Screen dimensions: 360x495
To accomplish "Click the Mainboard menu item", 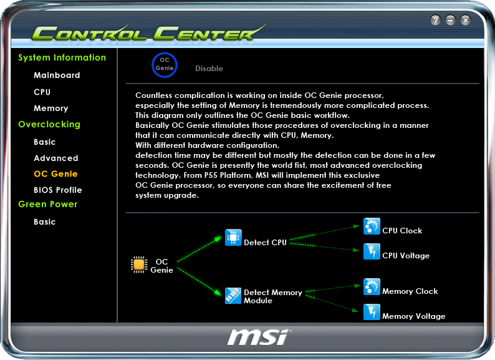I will tap(57, 75).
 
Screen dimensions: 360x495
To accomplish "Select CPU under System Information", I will tap(42, 92).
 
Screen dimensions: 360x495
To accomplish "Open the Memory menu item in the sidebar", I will tap(51, 108).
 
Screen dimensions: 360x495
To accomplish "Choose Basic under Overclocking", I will tap(45, 142).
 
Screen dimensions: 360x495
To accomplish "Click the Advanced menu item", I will tap(56, 158).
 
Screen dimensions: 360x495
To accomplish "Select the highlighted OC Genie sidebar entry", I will tap(55, 173).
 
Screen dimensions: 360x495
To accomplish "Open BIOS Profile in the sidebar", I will tap(58, 190).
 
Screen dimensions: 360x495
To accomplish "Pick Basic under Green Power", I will tap(45, 221).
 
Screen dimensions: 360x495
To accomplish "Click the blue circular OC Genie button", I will tap(165, 64).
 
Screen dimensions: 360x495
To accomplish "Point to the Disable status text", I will tap(209, 69).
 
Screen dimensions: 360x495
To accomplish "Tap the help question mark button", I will tap(436, 21).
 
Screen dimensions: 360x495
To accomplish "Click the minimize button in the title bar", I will tap(451, 21).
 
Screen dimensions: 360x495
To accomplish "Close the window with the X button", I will tap(466, 21).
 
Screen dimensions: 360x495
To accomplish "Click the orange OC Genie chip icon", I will tap(139, 265).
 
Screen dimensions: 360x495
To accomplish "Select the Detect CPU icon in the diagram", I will tap(233, 238).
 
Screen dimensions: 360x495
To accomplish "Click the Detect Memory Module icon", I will tap(233, 295).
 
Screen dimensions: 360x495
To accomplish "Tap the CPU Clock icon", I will tap(372, 226).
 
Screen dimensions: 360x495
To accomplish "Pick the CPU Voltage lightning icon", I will tap(372, 251).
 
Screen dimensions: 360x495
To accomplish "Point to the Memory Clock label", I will tap(410, 291).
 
